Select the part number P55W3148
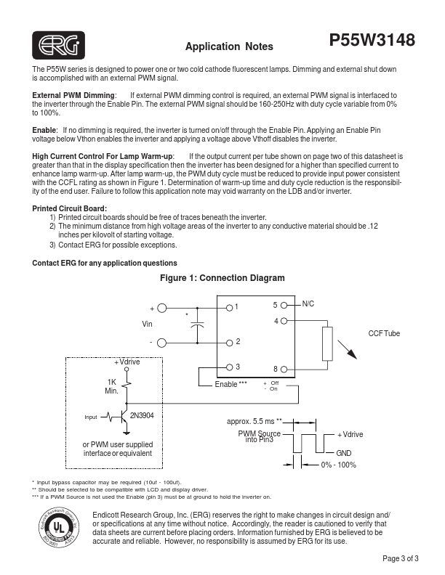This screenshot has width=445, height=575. [x=372, y=41]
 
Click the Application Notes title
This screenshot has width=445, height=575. [x=229, y=47]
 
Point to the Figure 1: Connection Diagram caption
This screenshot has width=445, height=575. [x=222, y=278]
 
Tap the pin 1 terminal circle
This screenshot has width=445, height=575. [x=229, y=307]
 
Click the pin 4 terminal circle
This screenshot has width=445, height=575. [x=284, y=320]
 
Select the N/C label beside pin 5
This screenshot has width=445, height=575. [x=307, y=304]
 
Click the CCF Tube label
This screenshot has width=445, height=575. [x=384, y=333]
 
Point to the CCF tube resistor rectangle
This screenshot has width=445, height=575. [x=326, y=343]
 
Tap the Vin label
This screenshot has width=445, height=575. [x=147, y=324]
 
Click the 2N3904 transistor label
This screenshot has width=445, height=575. [x=141, y=416]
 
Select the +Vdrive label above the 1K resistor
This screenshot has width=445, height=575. [x=127, y=362]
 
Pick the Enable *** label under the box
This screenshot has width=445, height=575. [x=231, y=383]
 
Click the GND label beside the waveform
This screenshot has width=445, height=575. [x=344, y=452]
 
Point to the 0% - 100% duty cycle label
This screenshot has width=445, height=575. [x=338, y=465]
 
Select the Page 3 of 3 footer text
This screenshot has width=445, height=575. [x=401, y=559]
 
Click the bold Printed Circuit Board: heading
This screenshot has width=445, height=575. [x=65, y=209]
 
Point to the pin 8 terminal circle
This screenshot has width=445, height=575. [x=284, y=369]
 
